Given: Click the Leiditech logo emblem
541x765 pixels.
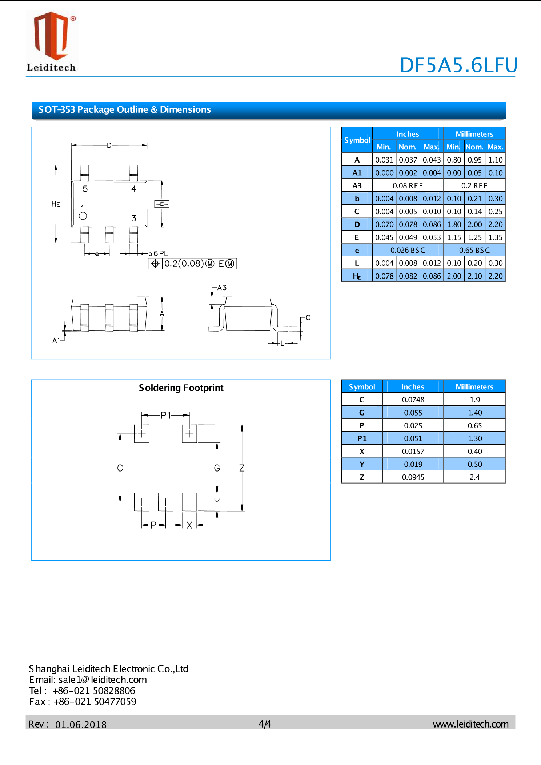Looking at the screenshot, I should coord(51,36).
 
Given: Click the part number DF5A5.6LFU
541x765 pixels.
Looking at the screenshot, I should coord(458,65).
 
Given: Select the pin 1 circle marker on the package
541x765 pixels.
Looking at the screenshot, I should coord(83,216).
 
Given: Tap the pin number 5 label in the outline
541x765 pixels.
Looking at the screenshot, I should coord(85,189).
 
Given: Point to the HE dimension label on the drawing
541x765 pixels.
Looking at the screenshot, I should coord(56,204).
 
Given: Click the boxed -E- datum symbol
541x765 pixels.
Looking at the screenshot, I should coord(162,204).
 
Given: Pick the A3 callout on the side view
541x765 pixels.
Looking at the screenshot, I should coord(222,288).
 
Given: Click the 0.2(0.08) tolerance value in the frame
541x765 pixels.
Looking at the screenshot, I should coord(184,264).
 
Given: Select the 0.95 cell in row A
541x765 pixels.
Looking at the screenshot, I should coord(474,160).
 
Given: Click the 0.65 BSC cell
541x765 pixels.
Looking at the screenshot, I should coord(474,250).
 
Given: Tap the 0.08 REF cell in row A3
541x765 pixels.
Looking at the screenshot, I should coord(408,186).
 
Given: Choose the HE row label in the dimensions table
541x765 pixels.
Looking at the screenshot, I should coord(357,276).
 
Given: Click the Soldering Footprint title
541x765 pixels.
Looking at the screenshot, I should coord(181,388).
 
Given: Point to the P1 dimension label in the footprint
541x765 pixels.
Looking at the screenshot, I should coord(165,415).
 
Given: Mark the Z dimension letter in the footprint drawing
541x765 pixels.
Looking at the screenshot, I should coord(242,468).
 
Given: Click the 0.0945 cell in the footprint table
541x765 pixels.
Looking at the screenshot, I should coord(413,477).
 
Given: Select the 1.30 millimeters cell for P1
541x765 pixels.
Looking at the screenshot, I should coord(474,438).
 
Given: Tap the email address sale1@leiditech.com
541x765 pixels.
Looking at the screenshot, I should coord(103,680).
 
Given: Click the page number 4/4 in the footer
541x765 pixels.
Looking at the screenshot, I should coord(265,724).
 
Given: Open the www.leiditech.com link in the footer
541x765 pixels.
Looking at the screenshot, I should coord(470,724).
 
